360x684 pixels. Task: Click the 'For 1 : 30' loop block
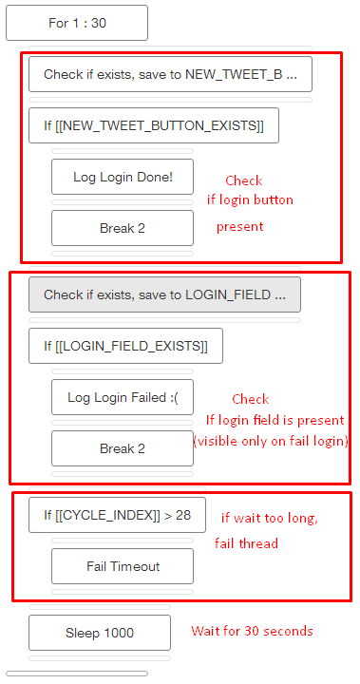point(77,23)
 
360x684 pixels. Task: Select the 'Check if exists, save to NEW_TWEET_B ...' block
point(170,74)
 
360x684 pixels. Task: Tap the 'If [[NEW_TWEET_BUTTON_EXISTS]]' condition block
point(154,125)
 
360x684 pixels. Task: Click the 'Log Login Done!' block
point(123,177)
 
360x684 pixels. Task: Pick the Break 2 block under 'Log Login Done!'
point(123,228)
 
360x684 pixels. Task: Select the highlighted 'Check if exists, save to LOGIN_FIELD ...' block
point(164,294)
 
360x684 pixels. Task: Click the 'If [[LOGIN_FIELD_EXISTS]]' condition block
point(125,346)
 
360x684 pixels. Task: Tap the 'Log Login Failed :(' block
point(123,397)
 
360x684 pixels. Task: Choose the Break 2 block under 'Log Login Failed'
point(123,448)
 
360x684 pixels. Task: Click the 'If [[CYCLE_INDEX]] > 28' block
point(117,515)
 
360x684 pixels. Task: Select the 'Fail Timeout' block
point(123,566)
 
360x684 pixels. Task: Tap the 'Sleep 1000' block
point(100,633)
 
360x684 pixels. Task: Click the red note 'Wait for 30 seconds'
point(253,631)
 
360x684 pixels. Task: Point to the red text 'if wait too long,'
point(270,519)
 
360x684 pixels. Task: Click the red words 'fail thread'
point(246,543)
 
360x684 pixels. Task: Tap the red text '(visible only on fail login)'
point(271,441)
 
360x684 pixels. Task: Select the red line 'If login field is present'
point(275,420)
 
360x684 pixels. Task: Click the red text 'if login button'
point(250,199)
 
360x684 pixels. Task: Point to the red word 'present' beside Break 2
point(240,227)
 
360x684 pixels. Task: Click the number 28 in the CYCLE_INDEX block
point(183,515)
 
